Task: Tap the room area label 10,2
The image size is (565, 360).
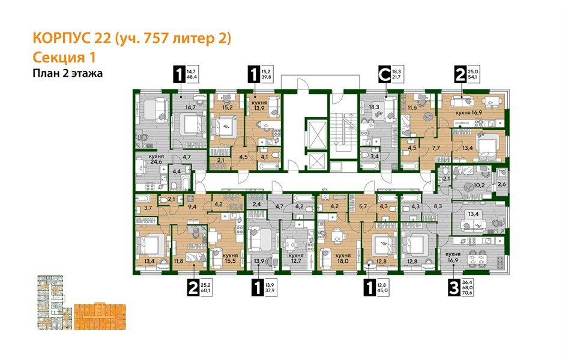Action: point(479,185)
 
